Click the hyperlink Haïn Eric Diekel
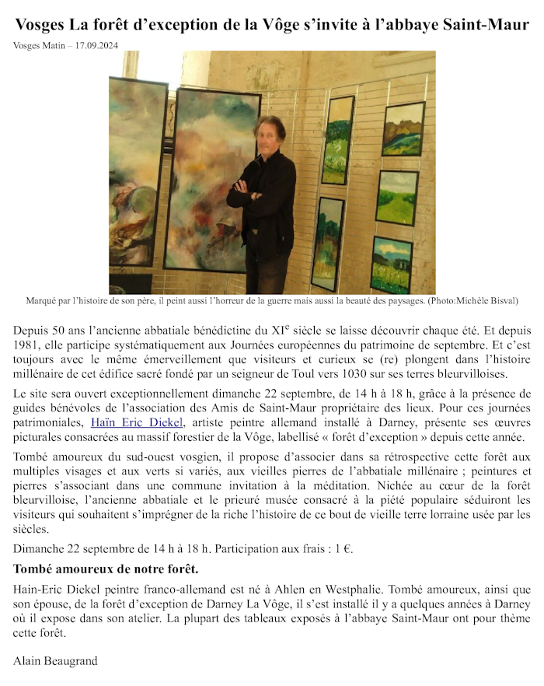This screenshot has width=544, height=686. click(x=137, y=422)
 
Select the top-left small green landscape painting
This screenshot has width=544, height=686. click(x=338, y=140)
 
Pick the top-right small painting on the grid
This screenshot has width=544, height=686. click(x=403, y=128)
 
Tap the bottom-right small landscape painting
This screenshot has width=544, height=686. click(x=392, y=264)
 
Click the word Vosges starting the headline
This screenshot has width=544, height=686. click(x=40, y=25)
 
